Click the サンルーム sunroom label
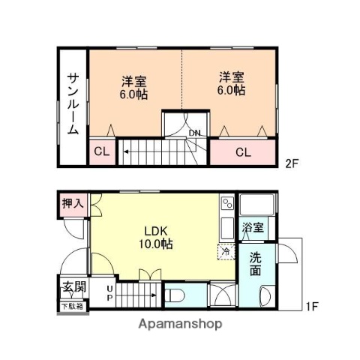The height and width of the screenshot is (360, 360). click(x=73, y=103)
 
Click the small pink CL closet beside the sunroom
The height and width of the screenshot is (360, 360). click(x=100, y=152)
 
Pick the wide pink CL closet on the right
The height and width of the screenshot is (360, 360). click(x=242, y=152)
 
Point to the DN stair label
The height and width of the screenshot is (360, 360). click(x=194, y=133)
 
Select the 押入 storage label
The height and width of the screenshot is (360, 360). click(x=73, y=202)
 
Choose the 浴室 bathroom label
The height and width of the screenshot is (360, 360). click(x=252, y=227)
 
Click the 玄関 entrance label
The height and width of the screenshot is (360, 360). click(x=73, y=286)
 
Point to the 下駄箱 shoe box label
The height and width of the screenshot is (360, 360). click(x=73, y=305)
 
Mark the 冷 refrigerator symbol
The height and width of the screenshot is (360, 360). click(x=225, y=253)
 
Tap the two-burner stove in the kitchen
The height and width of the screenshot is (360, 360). click(x=226, y=203)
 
